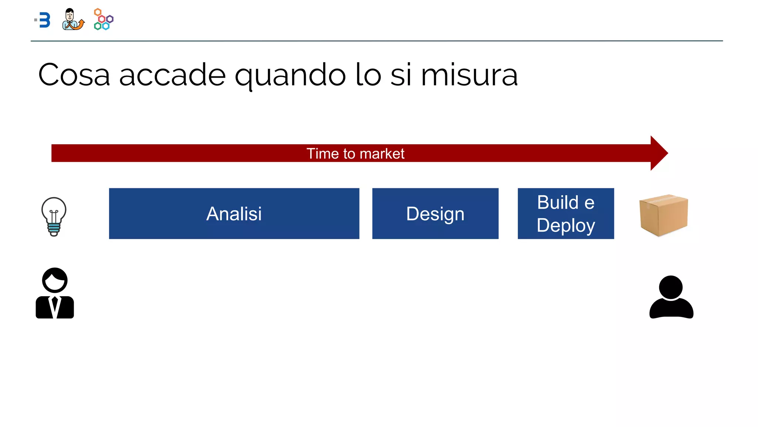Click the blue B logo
(x=44, y=20)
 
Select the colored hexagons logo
(x=104, y=19)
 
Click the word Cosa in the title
(x=74, y=75)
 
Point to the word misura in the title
(x=469, y=75)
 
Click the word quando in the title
(x=290, y=76)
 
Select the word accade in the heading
(x=172, y=75)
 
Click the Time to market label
(x=355, y=153)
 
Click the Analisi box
(x=234, y=213)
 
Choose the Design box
(x=435, y=213)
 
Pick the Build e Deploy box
(x=566, y=213)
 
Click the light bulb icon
(x=54, y=216)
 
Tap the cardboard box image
(x=663, y=215)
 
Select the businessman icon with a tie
(x=55, y=294)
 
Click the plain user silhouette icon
(x=671, y=298)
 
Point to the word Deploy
(x=566, y=225)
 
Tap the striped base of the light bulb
(x=54, y=229)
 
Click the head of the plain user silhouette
(x=671, y=287)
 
